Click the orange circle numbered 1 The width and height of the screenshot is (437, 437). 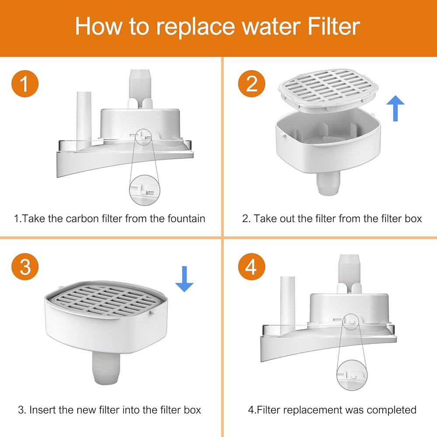coord(25,83)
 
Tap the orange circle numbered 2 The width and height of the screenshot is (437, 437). coord(252,83)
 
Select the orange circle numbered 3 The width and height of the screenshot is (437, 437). coord(25,267)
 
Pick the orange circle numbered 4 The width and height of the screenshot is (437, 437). coord(252,267)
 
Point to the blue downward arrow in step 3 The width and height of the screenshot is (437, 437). coord(184,279)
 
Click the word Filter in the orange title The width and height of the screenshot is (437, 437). coord(334,27)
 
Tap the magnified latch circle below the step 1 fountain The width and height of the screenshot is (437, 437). coord(145,190)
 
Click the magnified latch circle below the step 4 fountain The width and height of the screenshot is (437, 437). coord(352,375)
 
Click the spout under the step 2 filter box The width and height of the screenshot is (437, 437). coord(329,183)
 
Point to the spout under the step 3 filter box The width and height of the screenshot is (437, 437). coord(106,368)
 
